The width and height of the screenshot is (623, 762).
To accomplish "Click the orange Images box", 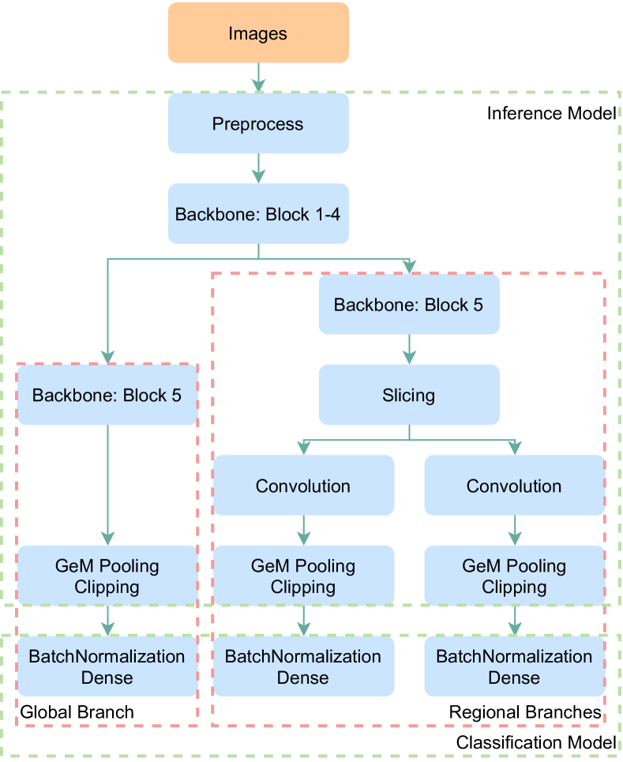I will (x=258, y=33).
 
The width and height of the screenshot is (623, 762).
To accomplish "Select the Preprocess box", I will (x=258, y=123).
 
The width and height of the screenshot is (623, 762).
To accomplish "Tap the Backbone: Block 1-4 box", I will (x=258, y=214).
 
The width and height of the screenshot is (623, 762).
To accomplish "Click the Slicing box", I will (x=409, y=395).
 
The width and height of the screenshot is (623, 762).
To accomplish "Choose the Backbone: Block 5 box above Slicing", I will (x=409, y=305).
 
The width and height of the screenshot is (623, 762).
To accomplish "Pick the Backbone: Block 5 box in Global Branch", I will (x=107, y=395).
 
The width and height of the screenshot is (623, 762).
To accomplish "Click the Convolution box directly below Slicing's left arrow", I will (x=303, y=486).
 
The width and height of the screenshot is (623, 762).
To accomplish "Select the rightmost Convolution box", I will (x=514, y=486).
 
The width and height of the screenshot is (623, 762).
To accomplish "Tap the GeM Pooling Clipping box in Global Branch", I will (x=107, y=576).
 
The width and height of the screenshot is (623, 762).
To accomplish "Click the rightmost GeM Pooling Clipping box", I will (x=514, y=576).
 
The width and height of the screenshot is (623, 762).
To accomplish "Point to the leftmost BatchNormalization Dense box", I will (x=107, y=666).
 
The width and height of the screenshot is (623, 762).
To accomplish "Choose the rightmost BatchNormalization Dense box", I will (x=514, y=666).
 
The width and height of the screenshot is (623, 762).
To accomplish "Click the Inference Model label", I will (x=551, y=113).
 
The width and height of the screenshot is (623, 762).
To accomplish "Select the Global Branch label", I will (x=77, y=711).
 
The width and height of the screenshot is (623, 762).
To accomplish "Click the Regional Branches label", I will (x=525, y=712).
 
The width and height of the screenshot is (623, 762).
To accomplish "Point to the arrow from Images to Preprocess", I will (x=258, y=77).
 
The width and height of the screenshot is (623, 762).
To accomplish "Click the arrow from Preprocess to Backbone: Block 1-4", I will (x=258, y=168).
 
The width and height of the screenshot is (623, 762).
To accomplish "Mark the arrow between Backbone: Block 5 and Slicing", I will (x=409, y=349).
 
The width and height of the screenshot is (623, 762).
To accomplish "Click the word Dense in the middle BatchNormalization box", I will (x=303, y=678).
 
